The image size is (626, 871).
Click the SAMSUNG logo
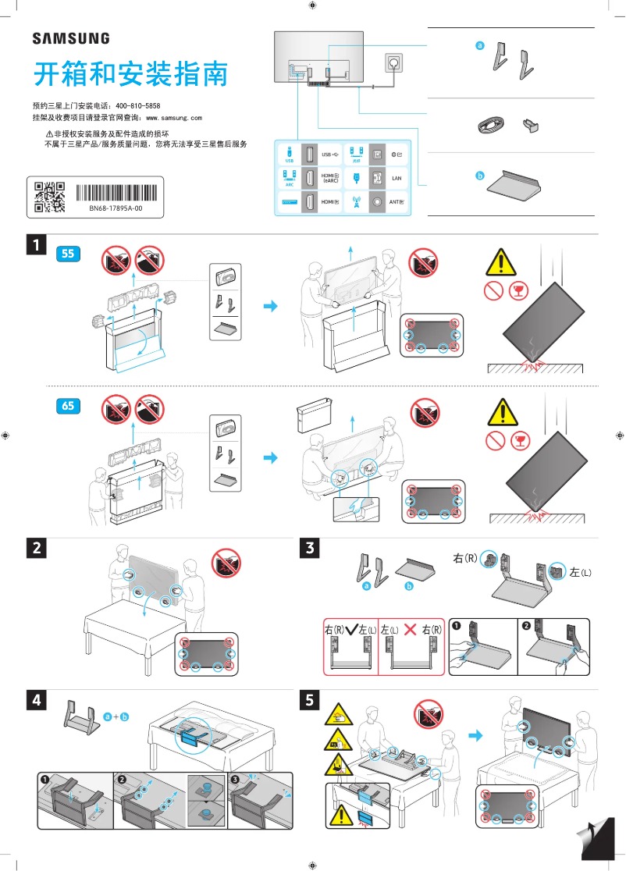click(70, 38)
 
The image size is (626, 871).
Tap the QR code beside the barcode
click(49, 197)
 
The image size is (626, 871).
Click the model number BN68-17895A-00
click(115, 209)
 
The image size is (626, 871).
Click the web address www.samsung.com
click(174, 117)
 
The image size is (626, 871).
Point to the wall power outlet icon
click(393, 62)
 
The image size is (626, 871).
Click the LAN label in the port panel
click(396, 178)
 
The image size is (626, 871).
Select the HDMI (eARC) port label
click(330, 178)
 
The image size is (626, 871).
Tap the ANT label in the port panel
click(396, 201)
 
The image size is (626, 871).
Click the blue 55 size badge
click(69, 253)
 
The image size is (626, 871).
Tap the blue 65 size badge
click(69, 405)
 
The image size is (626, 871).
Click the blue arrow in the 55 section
click(270, 306)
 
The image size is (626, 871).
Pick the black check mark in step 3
click(350, 629)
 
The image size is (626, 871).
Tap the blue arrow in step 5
click(475, 735)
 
